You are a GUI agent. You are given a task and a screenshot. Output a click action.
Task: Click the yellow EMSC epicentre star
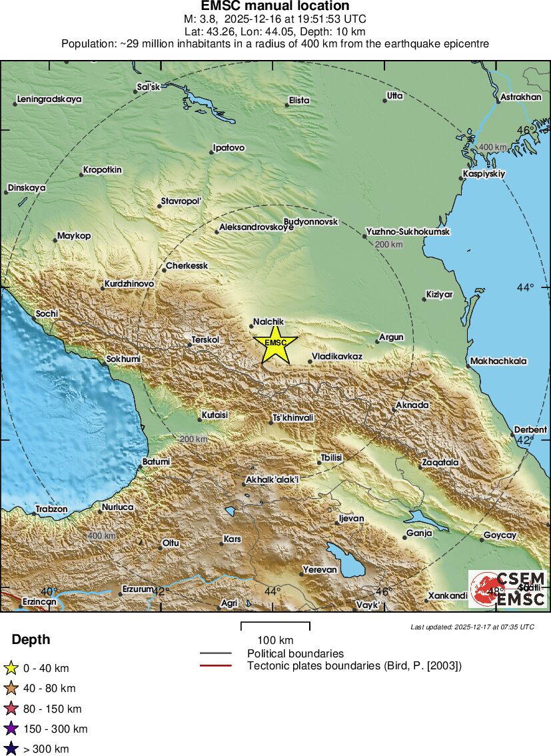click(275, 343)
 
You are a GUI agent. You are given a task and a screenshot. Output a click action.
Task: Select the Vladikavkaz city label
click(337, 357)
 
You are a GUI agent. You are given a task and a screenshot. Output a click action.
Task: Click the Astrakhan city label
click(520, 97)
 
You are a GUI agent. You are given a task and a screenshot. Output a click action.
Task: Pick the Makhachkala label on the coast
click(498, 361)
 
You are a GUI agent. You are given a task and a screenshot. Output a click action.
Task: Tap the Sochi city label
click(47, 313)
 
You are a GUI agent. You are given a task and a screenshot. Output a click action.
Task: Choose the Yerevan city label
click(320, 570)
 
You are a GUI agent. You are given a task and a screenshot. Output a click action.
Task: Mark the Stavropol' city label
click(181, 201)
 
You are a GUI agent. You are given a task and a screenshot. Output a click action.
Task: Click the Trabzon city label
click(51, 509)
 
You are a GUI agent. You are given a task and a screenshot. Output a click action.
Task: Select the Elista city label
click(298, 101)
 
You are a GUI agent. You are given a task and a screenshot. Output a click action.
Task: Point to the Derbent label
click(531, 430)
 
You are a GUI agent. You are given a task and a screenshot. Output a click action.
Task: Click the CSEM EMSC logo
click(508, 589)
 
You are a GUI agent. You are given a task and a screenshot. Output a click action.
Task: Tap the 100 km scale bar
click(275, 627)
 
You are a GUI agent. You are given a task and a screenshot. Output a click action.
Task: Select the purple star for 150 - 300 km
click(11, 729)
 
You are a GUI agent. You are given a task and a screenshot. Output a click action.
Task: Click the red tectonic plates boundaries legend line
click(215, 665)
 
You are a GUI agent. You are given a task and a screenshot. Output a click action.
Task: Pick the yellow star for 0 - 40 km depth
click(11, 668)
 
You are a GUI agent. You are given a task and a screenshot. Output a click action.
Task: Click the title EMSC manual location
click(275, 6)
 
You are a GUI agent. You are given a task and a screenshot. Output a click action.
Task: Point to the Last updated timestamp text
click(472, 627)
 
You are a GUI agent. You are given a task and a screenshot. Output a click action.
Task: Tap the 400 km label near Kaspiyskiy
click(492, 147)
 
